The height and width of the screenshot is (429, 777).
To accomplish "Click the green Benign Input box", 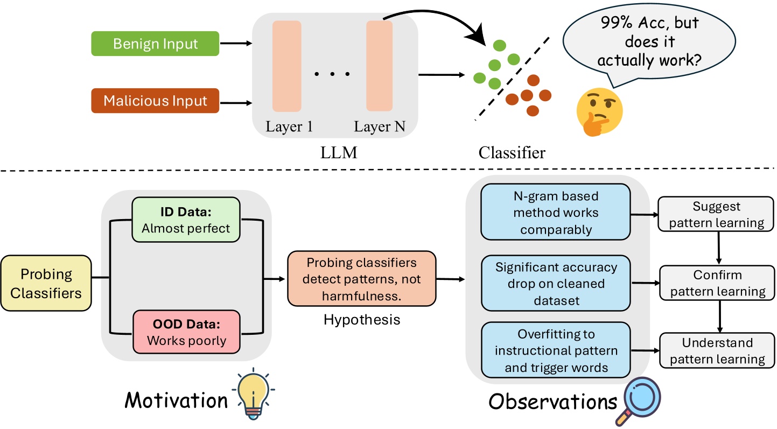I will tap(156, 43).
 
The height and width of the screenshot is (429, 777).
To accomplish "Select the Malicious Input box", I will tap(155, 101).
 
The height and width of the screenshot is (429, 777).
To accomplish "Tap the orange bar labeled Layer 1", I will tap(286, 66).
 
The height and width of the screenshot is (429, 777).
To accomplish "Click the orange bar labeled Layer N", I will tap(380, 66).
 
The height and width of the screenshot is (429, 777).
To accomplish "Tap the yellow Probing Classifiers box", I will tap(46, 283).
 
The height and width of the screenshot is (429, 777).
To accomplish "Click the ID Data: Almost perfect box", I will tap(186, 220).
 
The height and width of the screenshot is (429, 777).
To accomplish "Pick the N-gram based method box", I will tap(555, 212).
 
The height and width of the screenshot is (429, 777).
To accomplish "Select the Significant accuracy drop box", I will tap(555, 283).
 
